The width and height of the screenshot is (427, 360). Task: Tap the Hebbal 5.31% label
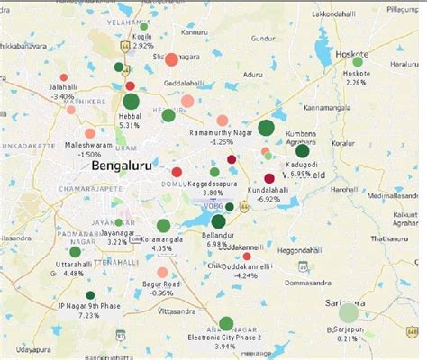point(130,121)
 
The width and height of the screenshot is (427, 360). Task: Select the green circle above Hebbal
point(130,102)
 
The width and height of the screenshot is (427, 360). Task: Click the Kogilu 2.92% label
point(141,40)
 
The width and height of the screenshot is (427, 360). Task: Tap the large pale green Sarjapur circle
point(349,313)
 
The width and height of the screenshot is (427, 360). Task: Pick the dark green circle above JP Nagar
point(90,295)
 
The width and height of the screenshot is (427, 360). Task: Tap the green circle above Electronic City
point(225,323)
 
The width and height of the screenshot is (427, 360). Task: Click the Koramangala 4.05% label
point(162,245)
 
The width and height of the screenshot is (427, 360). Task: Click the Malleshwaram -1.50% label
point(88,148)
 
